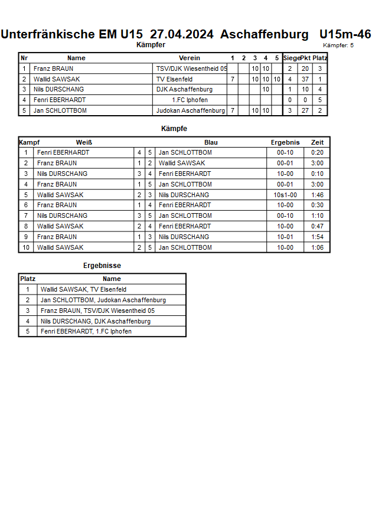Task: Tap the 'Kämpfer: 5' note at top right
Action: (338, 45)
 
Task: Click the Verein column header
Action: (190, 58)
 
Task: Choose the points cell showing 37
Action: (305, 79)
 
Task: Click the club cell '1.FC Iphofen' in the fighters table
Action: (190, 100)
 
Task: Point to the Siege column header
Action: (291, 58)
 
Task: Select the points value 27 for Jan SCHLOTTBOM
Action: (305, 110)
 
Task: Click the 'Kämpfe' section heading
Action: (174, 128)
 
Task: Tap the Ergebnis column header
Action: (285, 142)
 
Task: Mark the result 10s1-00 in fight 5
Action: (285, 195)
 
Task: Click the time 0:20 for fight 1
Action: (317, 153)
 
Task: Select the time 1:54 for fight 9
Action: (317, 237)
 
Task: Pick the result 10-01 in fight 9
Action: (285, 237)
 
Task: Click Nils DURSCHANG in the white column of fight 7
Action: (62, 216)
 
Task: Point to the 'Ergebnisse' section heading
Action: (102, 266)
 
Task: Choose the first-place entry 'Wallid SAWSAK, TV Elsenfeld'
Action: (83, 290)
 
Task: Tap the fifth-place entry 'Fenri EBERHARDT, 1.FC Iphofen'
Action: (86, 332)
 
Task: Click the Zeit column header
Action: (317, 142)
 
